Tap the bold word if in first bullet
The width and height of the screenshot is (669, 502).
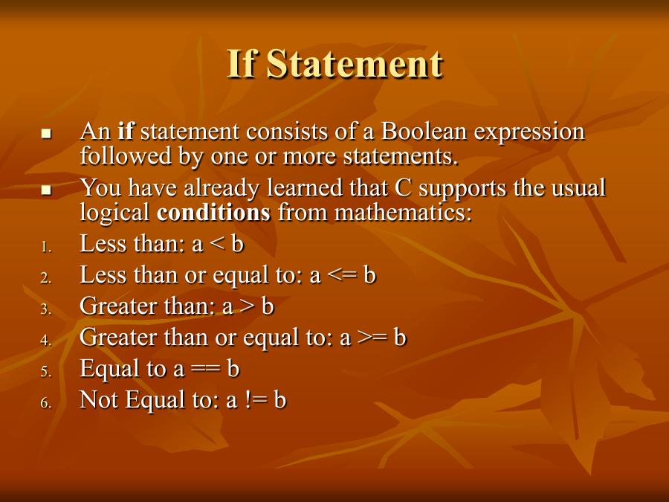tap(126, 132)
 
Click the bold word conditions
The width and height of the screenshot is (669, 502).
tap(214, 212)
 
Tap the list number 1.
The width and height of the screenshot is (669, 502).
tap(45, 246)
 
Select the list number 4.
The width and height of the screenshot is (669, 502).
tap(45, 340)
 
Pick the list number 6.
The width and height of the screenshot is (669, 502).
tap(45, 402)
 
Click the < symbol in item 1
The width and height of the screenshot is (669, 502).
tap(218, 245)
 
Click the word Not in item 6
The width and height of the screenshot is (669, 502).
tap(99, 400)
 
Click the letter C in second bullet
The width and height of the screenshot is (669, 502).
tap(402, 187)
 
